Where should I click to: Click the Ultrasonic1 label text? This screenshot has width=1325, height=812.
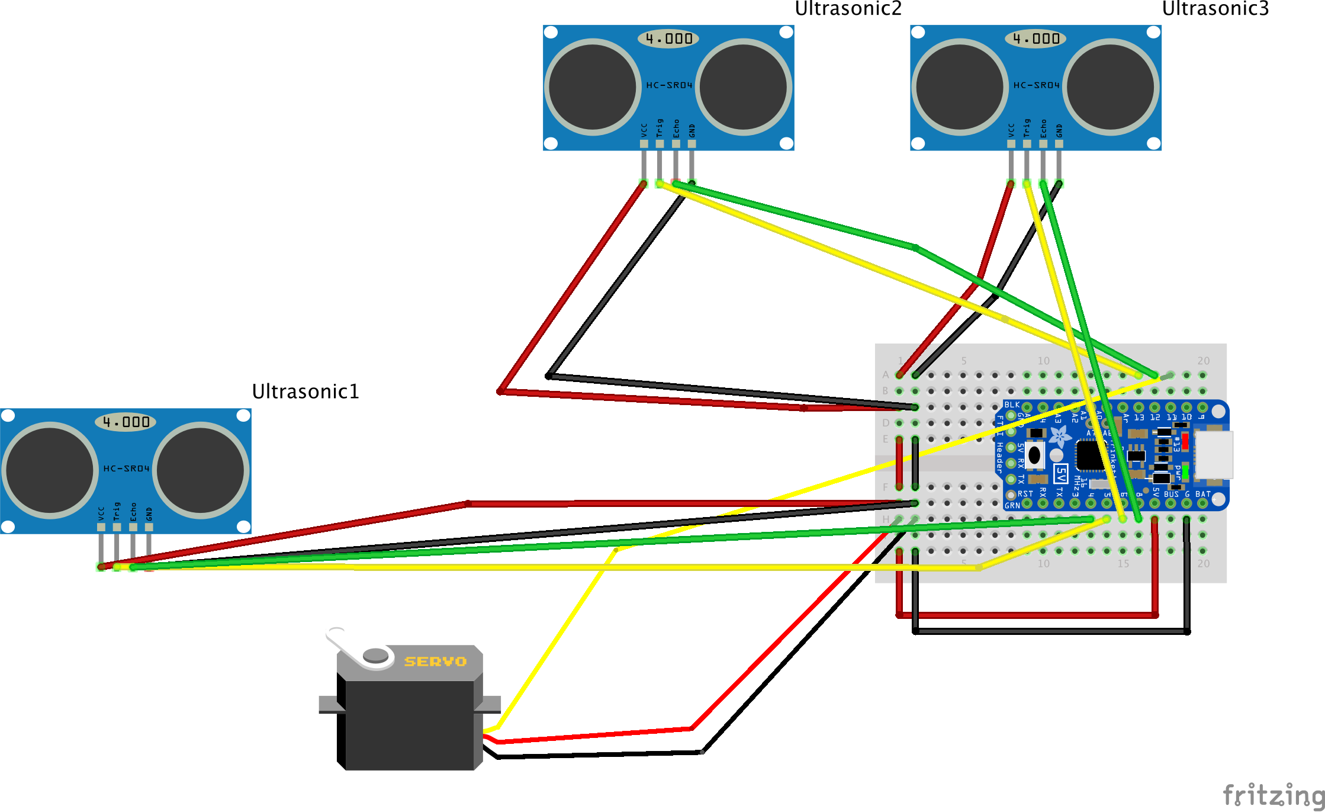[x=305, y=391]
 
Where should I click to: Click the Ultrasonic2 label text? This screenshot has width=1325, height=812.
[x=848, y=8]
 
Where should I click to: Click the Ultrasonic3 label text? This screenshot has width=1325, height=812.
[x=1215, y=8]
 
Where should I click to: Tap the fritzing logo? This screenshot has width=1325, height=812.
[x=1273, y=794]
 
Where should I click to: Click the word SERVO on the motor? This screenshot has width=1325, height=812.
[x=435, y=662]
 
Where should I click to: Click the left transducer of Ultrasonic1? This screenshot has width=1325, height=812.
[x=50, y=470]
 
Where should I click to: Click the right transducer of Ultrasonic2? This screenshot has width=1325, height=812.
[x=744, y=87]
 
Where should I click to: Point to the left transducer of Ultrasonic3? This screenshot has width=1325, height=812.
[x=960, y=87]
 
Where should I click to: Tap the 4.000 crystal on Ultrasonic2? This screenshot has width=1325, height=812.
[x=668, y=39]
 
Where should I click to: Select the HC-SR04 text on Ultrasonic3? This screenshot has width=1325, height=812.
[x=1036, y=85]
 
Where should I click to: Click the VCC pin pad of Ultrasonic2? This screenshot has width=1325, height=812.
[x=644, y=144]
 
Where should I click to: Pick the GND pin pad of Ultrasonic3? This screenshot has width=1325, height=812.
[x=1059, y=144]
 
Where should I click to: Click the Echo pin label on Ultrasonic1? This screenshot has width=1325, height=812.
[x=133, y=512]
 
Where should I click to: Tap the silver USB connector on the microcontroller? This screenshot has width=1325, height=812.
[x=1214, y=455]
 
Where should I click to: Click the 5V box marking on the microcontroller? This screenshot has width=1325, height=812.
[x=1060, y=474]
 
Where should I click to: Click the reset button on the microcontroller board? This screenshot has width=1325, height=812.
[x=1034, y=455]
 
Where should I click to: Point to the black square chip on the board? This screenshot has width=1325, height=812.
[x=1091, y=455]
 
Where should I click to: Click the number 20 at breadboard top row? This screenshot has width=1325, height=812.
[x=1203, y=361]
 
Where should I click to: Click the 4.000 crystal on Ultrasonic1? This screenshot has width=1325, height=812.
[x=126, y=422]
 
